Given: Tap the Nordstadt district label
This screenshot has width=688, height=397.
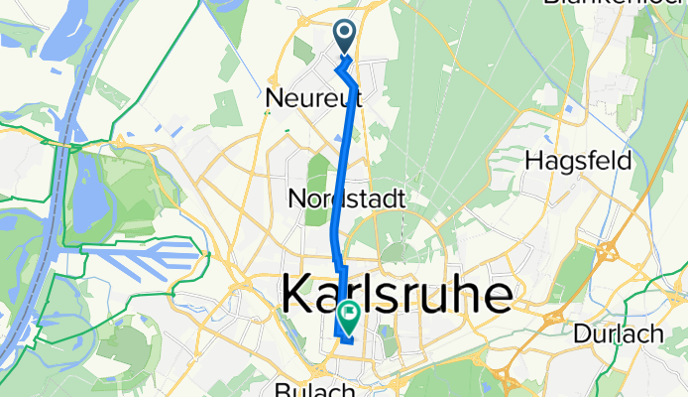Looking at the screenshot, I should pos(346,198).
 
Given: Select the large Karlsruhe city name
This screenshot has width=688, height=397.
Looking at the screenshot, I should pos(399,294).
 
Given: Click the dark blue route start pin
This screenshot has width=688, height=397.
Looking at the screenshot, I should pos(345,37).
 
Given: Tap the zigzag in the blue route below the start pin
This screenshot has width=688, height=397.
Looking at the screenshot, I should pos(343,69).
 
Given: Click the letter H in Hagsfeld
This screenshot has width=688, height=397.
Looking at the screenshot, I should pos(532,160).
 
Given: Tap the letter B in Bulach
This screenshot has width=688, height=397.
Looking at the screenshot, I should pos(284,388).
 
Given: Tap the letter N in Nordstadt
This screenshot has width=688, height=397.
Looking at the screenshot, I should pos(295,198).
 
